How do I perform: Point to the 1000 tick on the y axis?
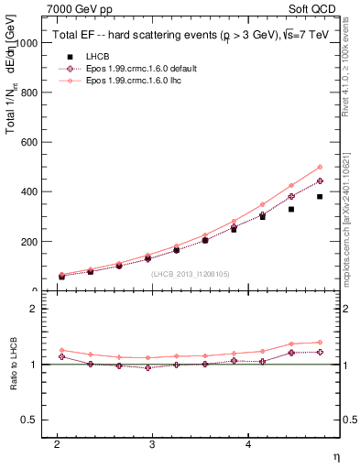click(28, 43)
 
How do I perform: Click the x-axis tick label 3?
click(152, 443)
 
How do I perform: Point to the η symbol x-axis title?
click(334, 455)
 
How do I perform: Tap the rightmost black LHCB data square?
click(320, 197)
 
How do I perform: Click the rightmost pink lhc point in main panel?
click(320, 167)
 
